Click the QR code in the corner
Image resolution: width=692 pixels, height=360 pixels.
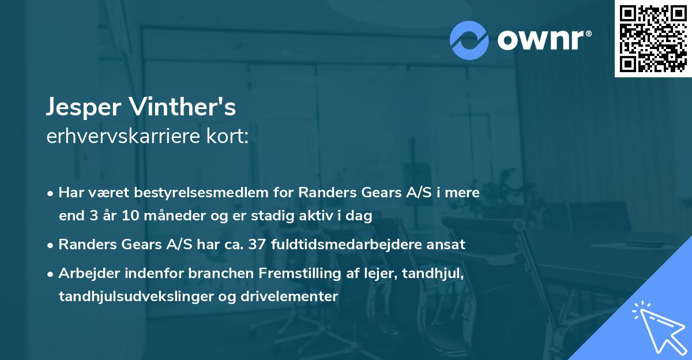[653, 39]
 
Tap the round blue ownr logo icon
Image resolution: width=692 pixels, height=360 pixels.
[469, 40]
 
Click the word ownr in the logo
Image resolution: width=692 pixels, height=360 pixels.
[544, 40]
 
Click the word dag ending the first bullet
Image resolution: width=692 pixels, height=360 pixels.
[361, 216]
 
